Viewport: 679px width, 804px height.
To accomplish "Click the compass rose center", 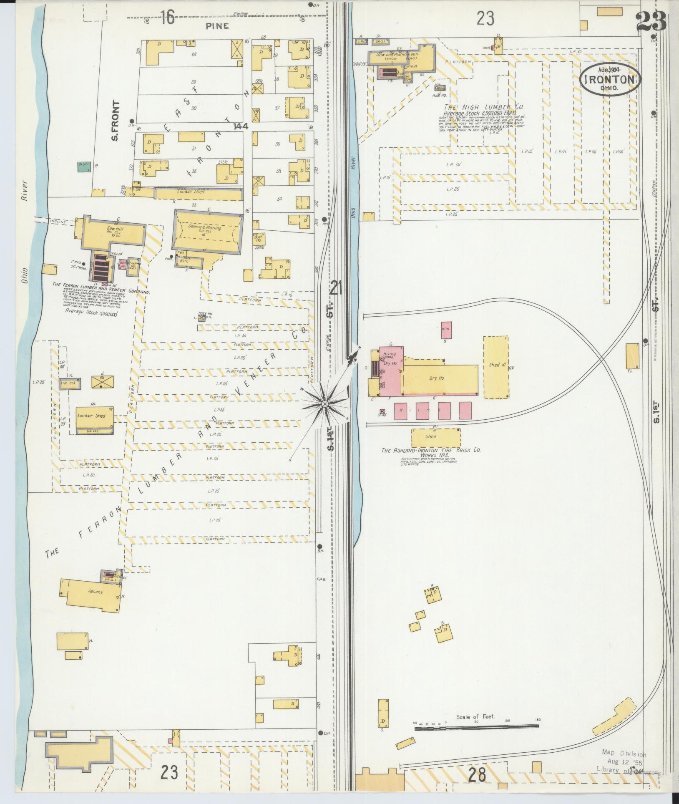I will [324, 404].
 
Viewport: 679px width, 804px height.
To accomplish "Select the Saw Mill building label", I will [113, 229].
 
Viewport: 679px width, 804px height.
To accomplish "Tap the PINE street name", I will [217, 26].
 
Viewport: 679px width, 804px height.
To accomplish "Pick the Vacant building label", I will [95, 592].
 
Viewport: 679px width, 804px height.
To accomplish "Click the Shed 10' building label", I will [496, 365].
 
